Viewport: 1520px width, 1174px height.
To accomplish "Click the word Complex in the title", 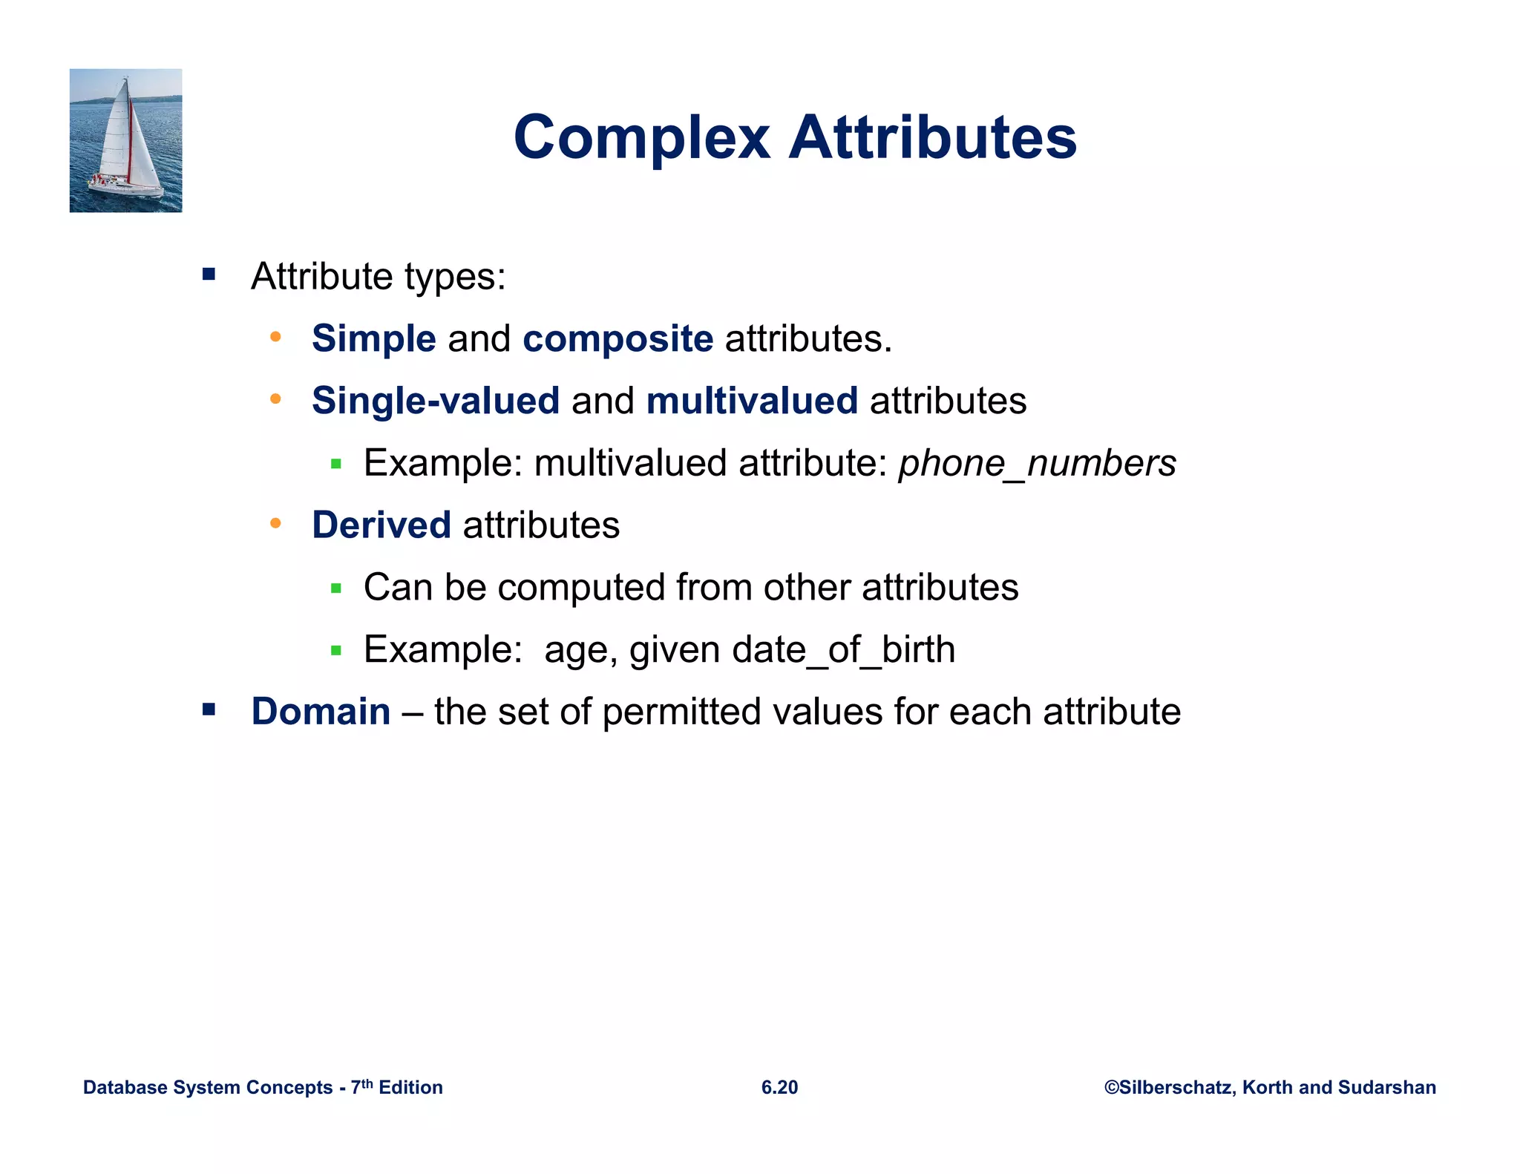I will (x=642, y=138).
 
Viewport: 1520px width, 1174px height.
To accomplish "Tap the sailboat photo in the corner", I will (x=125, y=140).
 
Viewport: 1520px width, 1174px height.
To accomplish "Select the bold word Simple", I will (x=373, y=339).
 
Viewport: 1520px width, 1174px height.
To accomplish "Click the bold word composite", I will (x=617, y=339).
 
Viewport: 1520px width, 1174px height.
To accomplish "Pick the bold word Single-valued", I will (x=436, y=401).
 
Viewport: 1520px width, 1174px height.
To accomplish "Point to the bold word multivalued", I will (x=752, y=401).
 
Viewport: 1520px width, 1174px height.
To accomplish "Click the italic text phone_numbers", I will (x=1037, y=463).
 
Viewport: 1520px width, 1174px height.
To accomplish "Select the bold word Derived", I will (x=381, y=525).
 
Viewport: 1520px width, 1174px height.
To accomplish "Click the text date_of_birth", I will (x=843, y=650).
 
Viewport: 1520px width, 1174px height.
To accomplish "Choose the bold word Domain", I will (x=321, y=712).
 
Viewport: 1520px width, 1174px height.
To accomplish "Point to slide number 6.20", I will (x=779, y=1087).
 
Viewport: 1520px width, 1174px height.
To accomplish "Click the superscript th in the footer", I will (x=367, y=1083).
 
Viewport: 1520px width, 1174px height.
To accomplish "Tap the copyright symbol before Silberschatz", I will (x=1111, y=1087).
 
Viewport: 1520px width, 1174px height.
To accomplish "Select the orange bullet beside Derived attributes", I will (x=275, y=524).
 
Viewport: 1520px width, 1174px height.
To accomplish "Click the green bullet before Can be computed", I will (x=336, y=588).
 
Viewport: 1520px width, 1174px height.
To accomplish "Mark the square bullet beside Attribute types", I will (x=209, y=275).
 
